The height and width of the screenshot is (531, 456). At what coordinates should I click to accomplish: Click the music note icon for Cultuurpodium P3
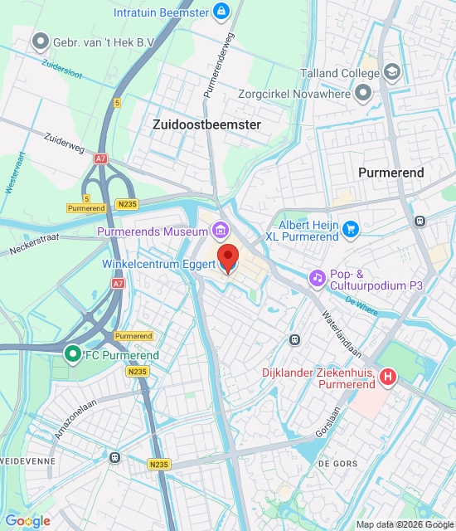(x=316, y=277)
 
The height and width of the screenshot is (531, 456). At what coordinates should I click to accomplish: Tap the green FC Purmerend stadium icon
(x=73, y=355)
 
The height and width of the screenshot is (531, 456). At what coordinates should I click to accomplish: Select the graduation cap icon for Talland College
(x=391, y=72)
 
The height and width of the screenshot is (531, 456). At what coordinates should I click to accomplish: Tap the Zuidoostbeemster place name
(x=206, y=124)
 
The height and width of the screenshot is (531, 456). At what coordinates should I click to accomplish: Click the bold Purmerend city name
(x=391, y=173)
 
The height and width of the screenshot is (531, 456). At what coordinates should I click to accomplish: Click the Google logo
(x=27, y=520)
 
